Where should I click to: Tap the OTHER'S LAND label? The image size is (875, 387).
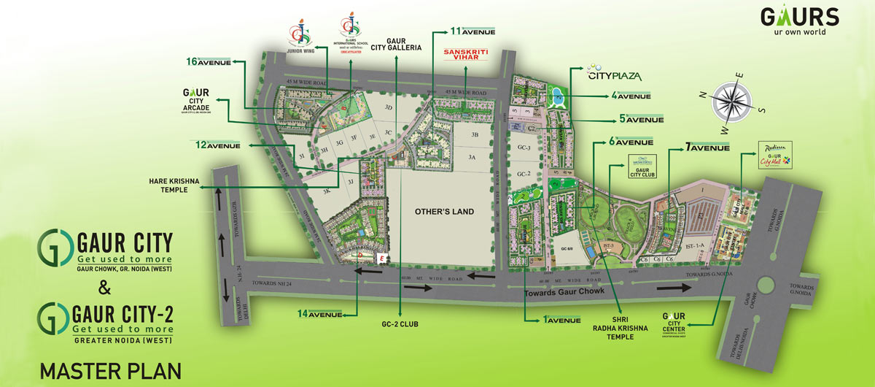444,212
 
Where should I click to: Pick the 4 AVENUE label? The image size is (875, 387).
636,96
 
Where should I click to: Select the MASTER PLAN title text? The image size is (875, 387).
110,370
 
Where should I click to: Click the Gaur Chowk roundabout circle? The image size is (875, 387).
768,284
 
